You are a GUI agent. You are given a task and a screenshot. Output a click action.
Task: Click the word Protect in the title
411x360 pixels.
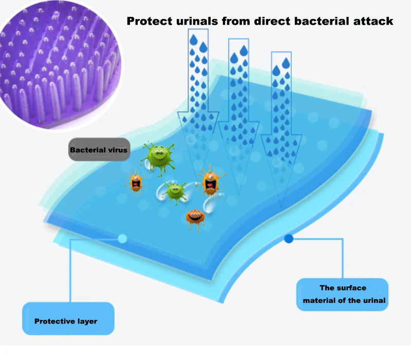coord(149,22)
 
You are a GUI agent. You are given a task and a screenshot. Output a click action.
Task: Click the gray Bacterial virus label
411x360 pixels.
coord(99,150)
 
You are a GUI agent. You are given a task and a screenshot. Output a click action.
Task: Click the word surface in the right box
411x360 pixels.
coord(352,288)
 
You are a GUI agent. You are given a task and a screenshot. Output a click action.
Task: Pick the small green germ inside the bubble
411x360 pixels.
coord(175,191)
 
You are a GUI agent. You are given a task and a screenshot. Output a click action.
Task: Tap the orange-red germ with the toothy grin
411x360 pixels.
coord(195,217)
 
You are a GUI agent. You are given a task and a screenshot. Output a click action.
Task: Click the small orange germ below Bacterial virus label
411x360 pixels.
coord(136,181)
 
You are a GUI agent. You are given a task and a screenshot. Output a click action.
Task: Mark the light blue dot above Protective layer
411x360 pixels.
coord(122,238)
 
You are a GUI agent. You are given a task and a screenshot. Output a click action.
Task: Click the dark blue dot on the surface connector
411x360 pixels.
coord(289,238)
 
